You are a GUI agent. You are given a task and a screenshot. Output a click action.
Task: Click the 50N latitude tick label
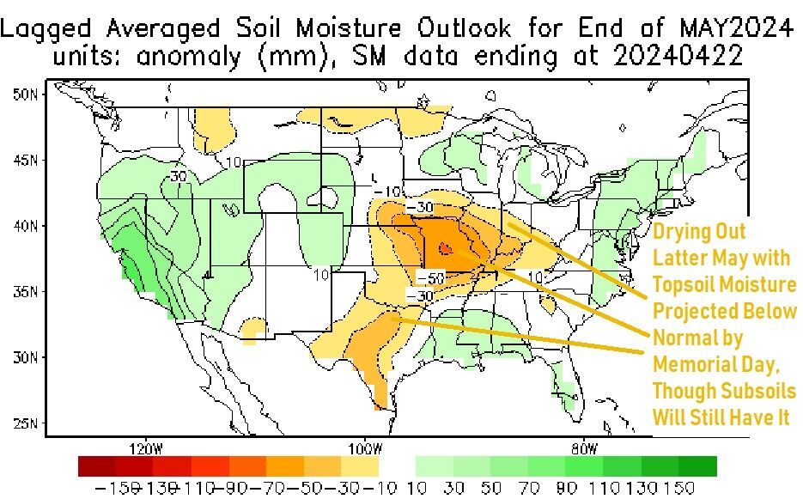[x=24, y=94]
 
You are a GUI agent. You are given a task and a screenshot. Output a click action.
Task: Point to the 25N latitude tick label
[x=24, y=423]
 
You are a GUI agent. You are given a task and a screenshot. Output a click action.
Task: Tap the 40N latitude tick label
[x=24, y=226]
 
